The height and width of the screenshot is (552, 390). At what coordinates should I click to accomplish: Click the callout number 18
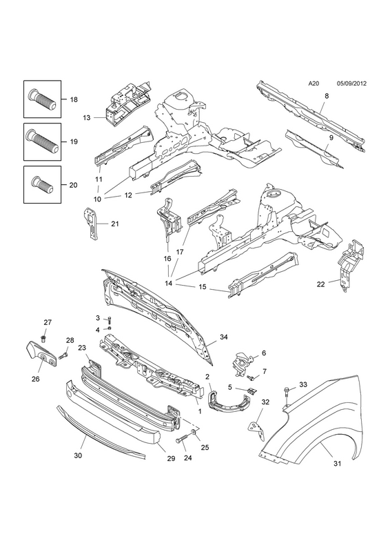pos(74,99)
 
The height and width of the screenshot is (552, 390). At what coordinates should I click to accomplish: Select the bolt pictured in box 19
pos(42,141)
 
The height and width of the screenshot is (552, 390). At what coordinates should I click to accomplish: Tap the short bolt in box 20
pos(42,184)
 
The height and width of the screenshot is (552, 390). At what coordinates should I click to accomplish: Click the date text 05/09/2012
pos(351,83)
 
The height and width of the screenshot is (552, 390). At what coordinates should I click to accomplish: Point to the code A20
pos(314,83)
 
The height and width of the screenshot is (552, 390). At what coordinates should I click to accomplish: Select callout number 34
pos(224,337)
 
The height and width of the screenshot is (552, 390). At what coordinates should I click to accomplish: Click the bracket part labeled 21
pos(91,224)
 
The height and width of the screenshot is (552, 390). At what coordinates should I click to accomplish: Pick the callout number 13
pos(87,117)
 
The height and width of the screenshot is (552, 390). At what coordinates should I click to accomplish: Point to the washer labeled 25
pos(194,432)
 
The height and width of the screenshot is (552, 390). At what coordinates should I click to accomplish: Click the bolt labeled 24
pos(184,440)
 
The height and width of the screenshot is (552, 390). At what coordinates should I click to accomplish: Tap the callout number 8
pos(327,96)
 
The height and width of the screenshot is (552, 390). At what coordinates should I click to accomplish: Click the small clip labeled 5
pos(253,391)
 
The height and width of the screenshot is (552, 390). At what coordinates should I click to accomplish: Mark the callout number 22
pos(320,284)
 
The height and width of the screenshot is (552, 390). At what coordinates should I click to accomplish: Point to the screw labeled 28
pos(63,356)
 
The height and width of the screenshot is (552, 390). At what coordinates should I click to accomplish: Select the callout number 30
pos(78,455)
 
